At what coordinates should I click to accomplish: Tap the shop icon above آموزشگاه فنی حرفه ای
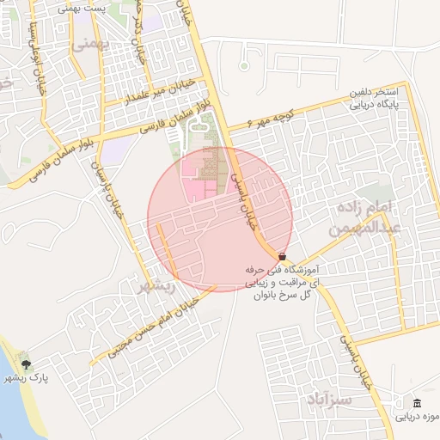pyautogui.click(x=283, y=256)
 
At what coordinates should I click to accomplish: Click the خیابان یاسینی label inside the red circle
pyautogui.click(x=241, y=197)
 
